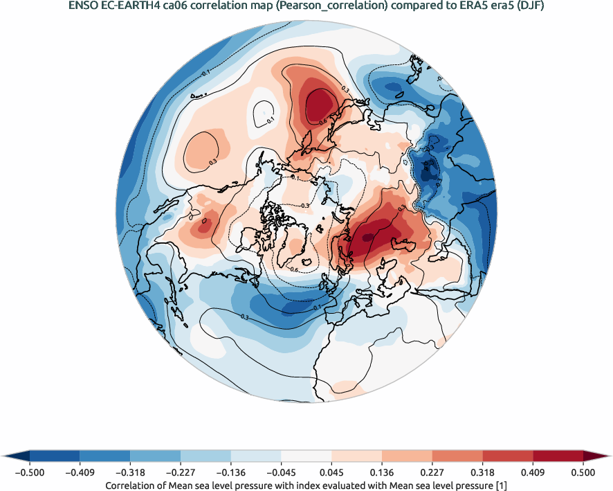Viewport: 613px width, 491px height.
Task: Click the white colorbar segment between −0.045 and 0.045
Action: click(x=306, y=456)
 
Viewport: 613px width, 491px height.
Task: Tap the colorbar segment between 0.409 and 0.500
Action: click(x=558, y=456)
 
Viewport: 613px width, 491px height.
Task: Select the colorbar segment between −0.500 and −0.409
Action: click(x=55, y=456)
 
